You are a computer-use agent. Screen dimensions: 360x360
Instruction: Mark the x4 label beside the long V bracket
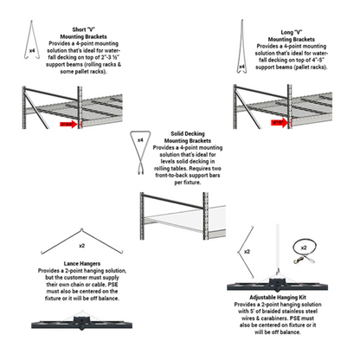(x=241, y=66)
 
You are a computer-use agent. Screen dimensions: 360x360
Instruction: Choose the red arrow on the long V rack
(x=279, y=123)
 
